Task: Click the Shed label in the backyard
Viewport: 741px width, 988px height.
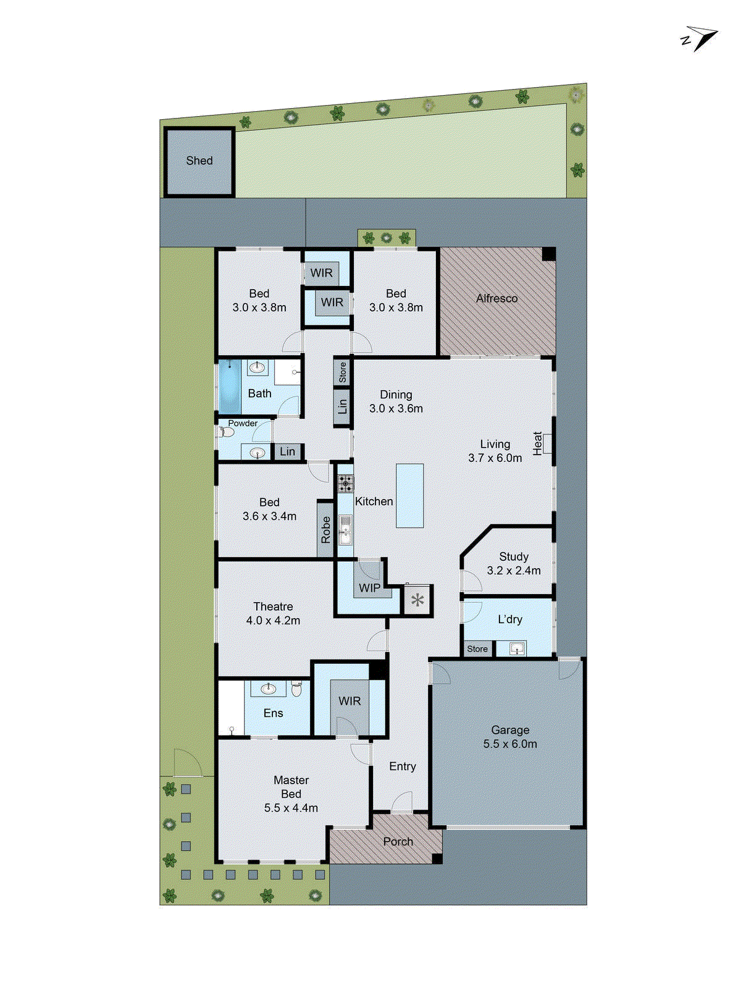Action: pyautogui.click(x=199, y=161)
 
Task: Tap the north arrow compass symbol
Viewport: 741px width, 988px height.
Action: pyautogui.click(x=700, y=39)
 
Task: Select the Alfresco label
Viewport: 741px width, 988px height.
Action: pyautogui.click(x=496, y=298)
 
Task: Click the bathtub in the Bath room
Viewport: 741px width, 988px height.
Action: pyautogui.click(x=230, y=387)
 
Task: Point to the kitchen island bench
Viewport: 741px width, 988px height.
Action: pyautogui.click(x=409, y=495)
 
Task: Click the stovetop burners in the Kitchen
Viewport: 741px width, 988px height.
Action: pyautogui.click(x=345, y=483)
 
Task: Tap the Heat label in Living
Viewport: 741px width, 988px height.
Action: pyautogui.click(x=537, y=443)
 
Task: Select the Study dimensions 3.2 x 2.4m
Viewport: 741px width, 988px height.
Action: pyautogui.click(x=513, y=571)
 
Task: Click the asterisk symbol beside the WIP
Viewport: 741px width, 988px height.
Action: pyautogui.click(x=417, y=600)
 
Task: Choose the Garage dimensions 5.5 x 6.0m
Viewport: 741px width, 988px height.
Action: pyautogui.click(x=510, y=744)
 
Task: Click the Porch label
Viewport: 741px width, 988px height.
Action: pyautogui.click(x=398, y=841)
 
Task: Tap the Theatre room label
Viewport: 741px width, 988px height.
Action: pyautogui.click(x=273, y=606)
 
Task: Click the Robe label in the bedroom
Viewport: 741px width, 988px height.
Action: pyautogui.click(x=325, y=530)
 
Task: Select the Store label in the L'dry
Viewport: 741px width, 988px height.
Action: pyautogui.click(x=477, y=649)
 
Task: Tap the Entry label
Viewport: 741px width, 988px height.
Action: pyautogui.click(x=402, y=766)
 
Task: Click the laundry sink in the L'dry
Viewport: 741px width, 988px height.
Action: pyautogui.click(x=517, y=648)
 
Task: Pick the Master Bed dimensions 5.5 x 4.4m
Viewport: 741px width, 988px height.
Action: pyautogui.click(x=291, y=808)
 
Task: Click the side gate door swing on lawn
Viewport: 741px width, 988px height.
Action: pyautogui.click(x=187, y=761)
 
